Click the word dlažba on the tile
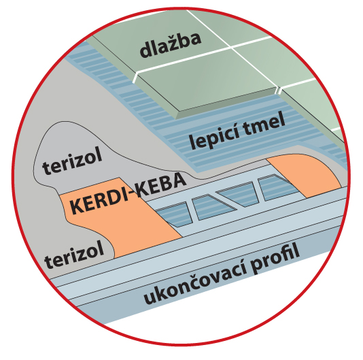pyautogui.click(x=171, y=45)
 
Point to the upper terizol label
pyautogui.click(x=72, y=160)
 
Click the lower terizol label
pyautogui.click(x=74, y=255)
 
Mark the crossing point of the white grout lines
pyautogui.click(x=231, y=48)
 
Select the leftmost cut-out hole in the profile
pyautogui.click(x=173, y=214)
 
